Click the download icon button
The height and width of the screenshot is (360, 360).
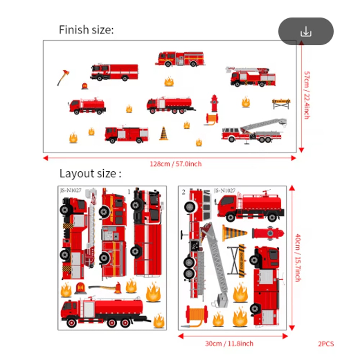point(306,32)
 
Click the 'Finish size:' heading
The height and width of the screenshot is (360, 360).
point(86,30)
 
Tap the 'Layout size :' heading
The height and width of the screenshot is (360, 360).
point(90,174)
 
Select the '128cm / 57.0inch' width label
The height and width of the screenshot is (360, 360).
point(176,164)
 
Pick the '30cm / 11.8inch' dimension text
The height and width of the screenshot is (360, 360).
point(229,343)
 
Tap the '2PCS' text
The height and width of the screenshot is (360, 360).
point(326,344)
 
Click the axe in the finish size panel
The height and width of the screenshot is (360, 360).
point(63,77)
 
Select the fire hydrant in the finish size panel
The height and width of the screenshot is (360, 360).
point(215,103)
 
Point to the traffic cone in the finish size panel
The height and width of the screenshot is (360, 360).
point(164,133)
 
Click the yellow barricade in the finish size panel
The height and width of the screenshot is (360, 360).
point(281,104)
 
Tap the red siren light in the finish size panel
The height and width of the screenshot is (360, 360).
point(85,86)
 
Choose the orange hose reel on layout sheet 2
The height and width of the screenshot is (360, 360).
point(197,315)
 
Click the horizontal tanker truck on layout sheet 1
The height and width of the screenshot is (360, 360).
point(104,311)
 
